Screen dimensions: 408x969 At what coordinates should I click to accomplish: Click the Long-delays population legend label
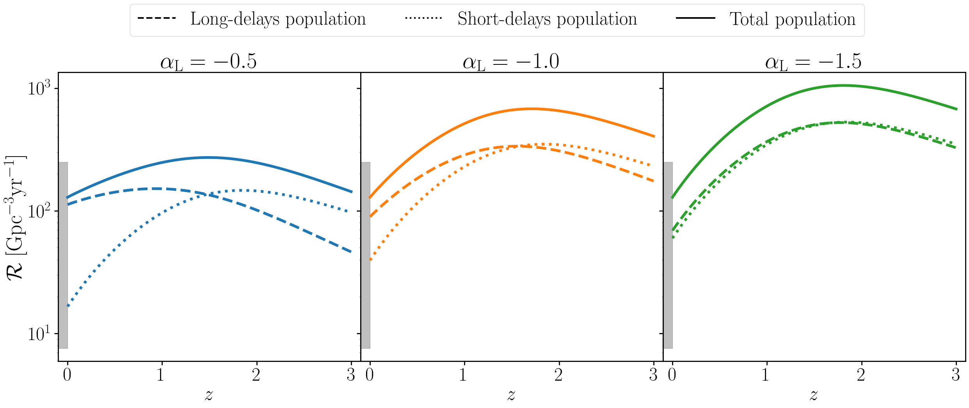coord(278,19)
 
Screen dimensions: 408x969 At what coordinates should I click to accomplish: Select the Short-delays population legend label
coord(547,19)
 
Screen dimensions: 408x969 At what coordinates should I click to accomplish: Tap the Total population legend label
coord(792,19)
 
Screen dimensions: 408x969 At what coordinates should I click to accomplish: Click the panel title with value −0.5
coord(208,62)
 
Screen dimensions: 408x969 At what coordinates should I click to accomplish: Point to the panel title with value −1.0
coord(511,62)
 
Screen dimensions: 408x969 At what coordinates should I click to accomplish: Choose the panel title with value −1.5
coord(813,62)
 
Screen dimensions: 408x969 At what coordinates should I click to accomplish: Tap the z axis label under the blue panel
coord(209,395)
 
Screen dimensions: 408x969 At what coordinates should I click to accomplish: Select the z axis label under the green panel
coord(814,395)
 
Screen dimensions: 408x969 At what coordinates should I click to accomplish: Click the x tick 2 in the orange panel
coord(558,375)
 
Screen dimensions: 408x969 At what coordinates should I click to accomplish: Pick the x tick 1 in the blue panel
coord(160,375)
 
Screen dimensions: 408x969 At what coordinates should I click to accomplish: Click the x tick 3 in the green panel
coord(955,375)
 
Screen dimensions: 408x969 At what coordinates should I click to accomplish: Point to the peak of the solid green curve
coord(843,85)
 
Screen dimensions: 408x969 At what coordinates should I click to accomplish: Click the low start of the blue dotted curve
coord(68,305)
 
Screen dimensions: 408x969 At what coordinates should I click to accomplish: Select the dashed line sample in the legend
coord(157,19)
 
